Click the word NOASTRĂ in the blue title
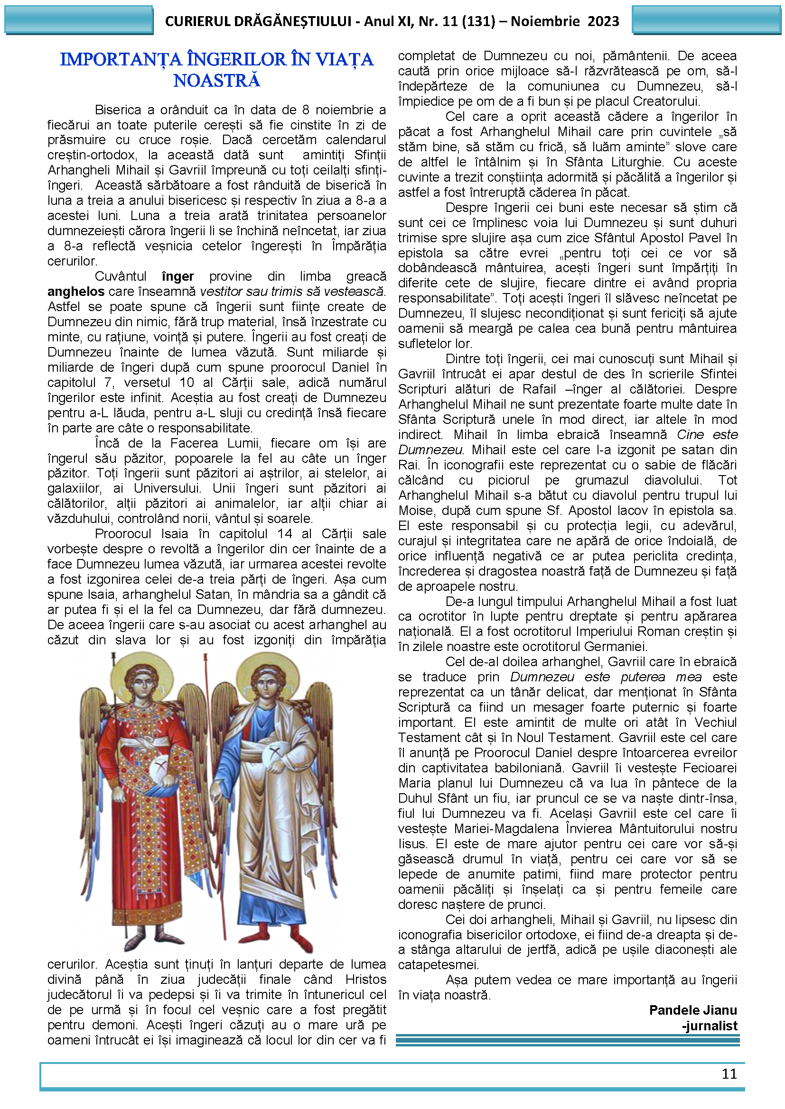(216, 81)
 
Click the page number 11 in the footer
(729, 1073)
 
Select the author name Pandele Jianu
(692, 1010)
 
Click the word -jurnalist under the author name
(709, 1026)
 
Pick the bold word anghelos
(76, 292)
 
